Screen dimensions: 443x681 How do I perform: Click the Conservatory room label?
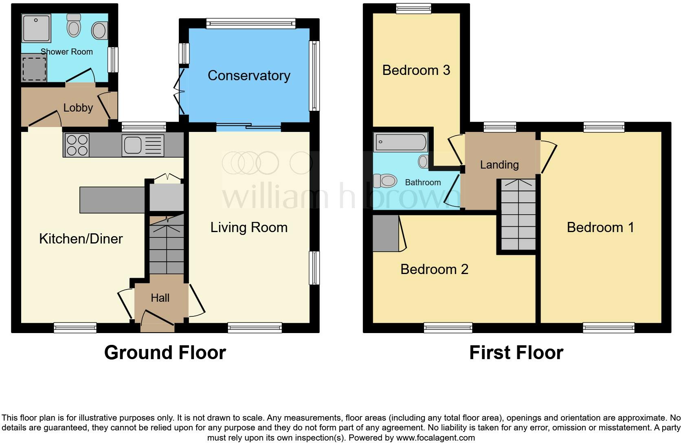click(x=249, y=76)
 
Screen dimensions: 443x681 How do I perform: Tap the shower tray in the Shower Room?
click(x=37, y=28)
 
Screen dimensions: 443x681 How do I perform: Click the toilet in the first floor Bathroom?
click(x=385, y=181)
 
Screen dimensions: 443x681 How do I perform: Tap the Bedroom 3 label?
click(x=416, y=70)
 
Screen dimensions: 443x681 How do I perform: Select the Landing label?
click(x=499, y=164)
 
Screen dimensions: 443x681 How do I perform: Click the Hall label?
click(x=160, y=298)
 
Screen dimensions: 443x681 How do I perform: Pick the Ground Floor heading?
click(x=165, y=353)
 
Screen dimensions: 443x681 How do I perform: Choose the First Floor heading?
click(x=516, y=353)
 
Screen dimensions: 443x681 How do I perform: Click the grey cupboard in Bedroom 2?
click(x=386, y=233)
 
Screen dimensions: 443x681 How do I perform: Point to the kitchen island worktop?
click(x=112, y=200)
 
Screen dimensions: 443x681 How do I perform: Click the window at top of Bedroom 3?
click(x=413, y=8)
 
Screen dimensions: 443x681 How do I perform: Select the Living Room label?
click(x=249, y=227)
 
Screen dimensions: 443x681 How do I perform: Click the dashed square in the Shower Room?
click(x=34, y=69)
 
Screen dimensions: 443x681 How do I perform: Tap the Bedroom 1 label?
click(x=600, y=227)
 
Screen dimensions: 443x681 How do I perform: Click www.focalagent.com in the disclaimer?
click(x=435, y=438)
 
